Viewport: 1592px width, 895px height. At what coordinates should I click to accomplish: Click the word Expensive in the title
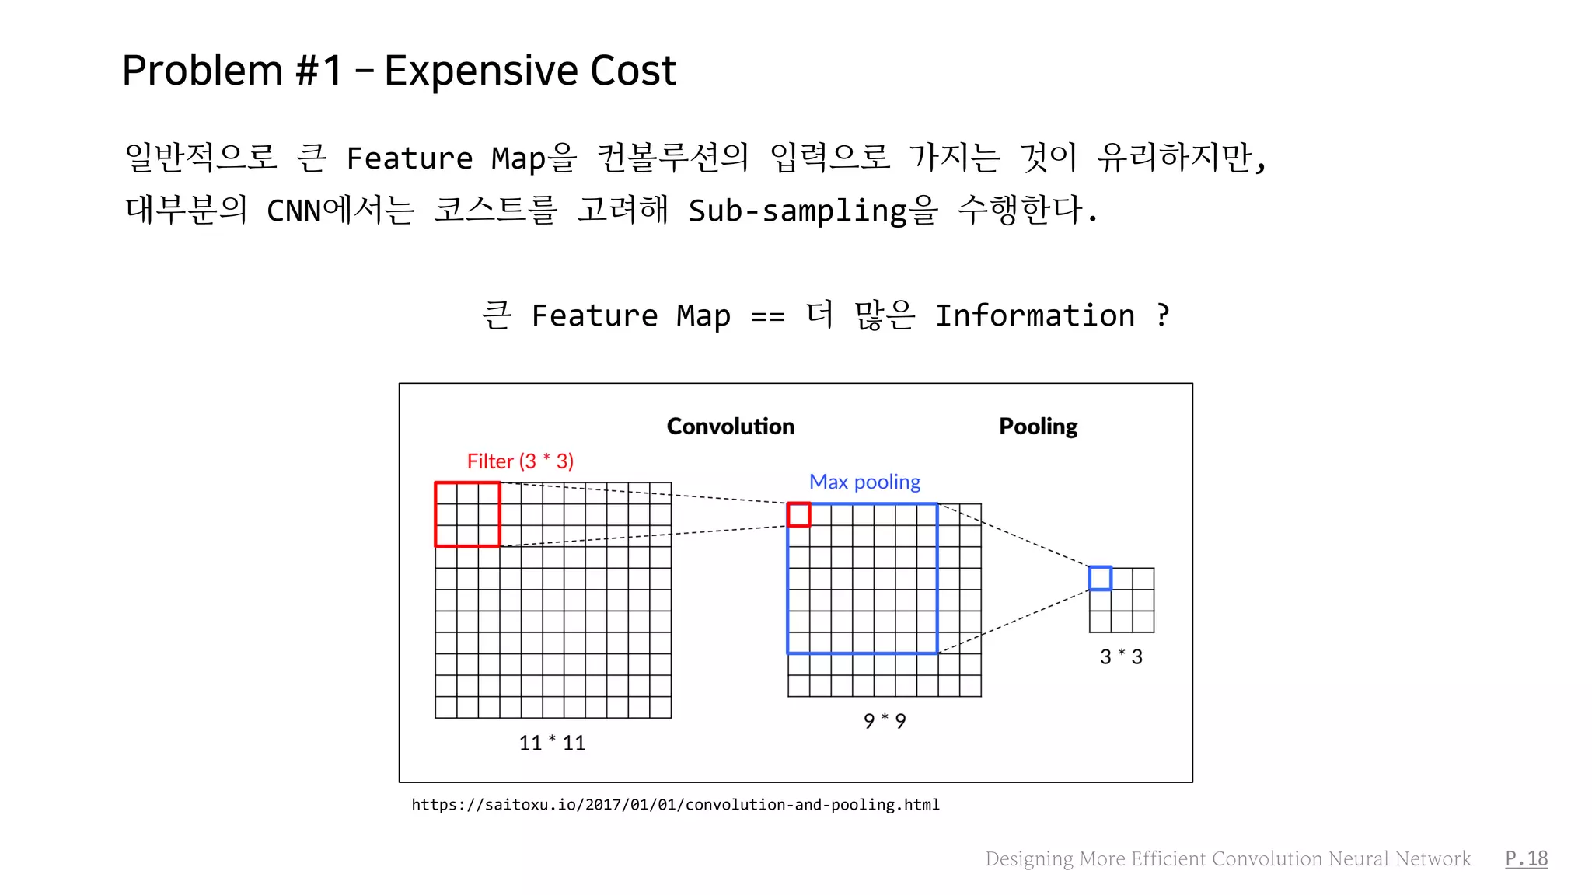click(x=480, y=71)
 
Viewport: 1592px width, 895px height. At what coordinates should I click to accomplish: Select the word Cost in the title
click(x=633, y=71)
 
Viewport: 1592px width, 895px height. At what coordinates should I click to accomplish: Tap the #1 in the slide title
click(x=319, y=71)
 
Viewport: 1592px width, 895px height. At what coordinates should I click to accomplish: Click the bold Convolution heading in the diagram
click(x=730, y=427)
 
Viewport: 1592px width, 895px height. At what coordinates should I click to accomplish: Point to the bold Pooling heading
click(x=1038, y=427)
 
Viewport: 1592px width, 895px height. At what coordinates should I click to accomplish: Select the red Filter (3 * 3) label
click(x=520, y=461)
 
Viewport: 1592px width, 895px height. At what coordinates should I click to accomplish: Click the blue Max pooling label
click(x=864, y=482)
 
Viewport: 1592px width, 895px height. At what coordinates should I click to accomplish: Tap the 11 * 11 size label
click(x=552, y=743)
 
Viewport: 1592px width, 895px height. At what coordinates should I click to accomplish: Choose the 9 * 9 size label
click(x=885, y=721)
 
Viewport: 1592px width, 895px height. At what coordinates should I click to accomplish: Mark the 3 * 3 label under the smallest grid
click(x=1121, y=657)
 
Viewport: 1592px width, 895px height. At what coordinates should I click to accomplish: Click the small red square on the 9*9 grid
click(x=798, y=514)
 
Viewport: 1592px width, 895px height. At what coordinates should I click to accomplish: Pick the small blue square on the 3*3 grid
click(x=1100, y=578)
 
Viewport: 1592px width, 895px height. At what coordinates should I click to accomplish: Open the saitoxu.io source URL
click(x=676, y=805)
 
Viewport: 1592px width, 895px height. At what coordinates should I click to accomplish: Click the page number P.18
click(x=1526, y=858)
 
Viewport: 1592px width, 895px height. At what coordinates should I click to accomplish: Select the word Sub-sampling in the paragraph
click(x=798, y=211)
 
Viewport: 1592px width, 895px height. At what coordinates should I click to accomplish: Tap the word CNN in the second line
click(x=294, y=211)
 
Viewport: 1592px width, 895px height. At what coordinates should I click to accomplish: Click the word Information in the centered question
click(x=1035, y=316)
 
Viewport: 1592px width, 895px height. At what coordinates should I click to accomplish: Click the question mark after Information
click(x=1163, y=315)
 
